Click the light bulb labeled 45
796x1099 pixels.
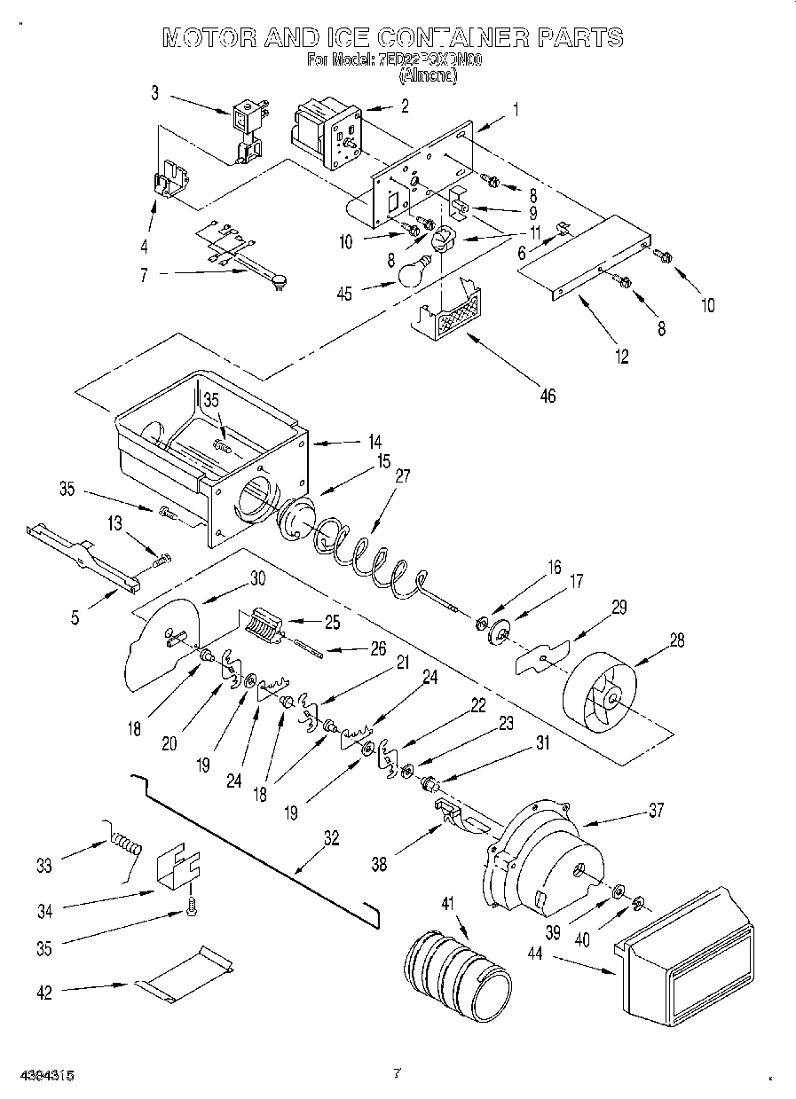(x=413, y=271)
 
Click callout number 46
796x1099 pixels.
(x=548, y=396)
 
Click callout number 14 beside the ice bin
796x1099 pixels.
(x=375, y=439)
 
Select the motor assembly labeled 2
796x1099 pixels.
(x=328, y=133)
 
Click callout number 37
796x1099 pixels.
(x=656, y=810)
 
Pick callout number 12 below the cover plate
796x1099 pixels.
(x=621, y=357)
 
